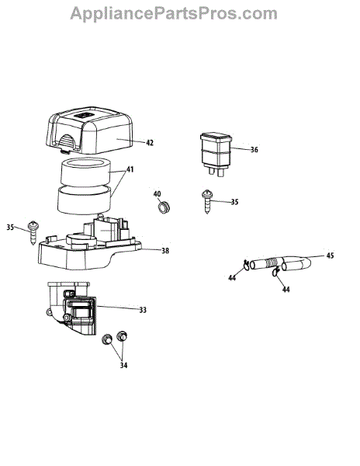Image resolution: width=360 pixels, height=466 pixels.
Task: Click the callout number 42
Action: click(x=150, y=143)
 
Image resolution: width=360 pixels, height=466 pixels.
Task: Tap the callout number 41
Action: click(x=130, y=169)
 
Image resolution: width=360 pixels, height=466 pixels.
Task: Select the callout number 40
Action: click(x=157, y=194)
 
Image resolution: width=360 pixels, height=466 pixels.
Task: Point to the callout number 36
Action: click(x=254, y=149)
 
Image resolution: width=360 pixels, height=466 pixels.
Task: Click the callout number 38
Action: click(x=165, y=251)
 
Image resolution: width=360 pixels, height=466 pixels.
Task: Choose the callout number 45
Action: click(x=330, y=256)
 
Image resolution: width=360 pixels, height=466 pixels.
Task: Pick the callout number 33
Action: click(x=143, y=310)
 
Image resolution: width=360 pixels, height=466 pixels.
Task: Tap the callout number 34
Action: click(x=124, y=365)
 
